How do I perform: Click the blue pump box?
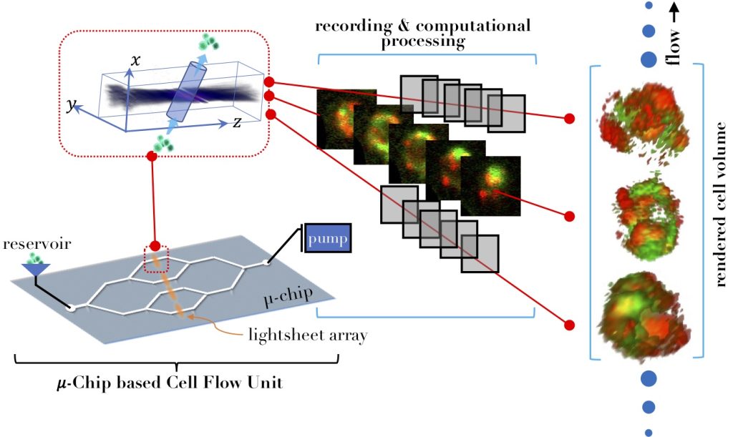329,238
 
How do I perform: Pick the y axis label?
71,105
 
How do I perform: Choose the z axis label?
236,122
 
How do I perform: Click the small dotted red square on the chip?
156,260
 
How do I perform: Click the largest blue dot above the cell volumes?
649,59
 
